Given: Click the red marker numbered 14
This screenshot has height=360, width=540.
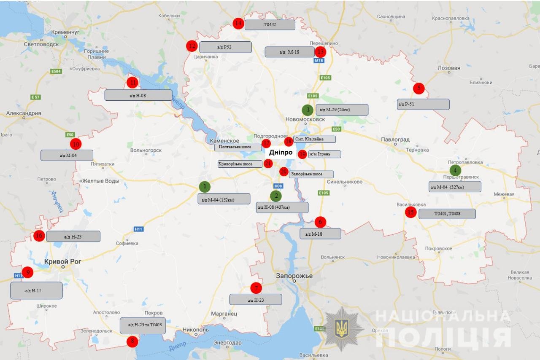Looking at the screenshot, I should pyautogui.click(x=238, y=23).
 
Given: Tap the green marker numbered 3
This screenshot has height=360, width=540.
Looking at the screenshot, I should pyautogui.click(x=308, y=110).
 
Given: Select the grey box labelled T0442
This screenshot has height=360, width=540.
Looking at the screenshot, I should pyautogui.click(x=270, y=25).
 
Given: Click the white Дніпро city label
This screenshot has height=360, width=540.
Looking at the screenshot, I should pyautogui.click(x=281, y=153).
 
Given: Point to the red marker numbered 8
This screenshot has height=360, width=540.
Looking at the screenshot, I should pyautogui.click(x=132, y=341).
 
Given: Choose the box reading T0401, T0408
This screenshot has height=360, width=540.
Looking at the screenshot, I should pyautogui.click(x=447, y=214).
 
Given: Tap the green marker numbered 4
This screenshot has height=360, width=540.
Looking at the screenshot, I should pyautogui.click(x=455, y=170).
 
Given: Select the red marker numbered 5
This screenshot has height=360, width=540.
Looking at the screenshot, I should pyautogui.click(x=418, y=88).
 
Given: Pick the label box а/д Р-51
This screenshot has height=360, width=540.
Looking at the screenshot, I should pyautogui.click(x=423, y=104).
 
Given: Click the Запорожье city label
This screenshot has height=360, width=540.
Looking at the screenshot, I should pyautogui.click(x=294, y=276).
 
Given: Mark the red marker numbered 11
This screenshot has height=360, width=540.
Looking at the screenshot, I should pyautogui.click(x=132, y=82).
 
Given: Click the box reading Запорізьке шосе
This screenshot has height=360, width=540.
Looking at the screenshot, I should pyautogui.click(x=311, y=174).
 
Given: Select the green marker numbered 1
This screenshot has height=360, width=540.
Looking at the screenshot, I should pyautogui.click(x=205, y=186).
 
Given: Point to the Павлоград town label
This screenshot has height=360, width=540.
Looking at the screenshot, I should pyautogui.click(x=395, y=140).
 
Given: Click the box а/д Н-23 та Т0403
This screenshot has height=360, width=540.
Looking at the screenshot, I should pyautogui.click(x=143, y=325).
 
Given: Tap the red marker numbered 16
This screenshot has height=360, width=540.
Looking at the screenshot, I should pyautogui.click(x=39, y=236).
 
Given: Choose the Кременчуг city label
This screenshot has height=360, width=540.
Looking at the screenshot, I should pyautogui.click(x=65, y=32).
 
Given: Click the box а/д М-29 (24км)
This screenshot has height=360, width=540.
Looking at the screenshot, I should pyautogui.click(x=341, y=110).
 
